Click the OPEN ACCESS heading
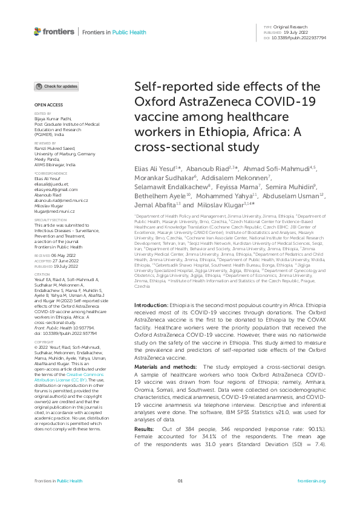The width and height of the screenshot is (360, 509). click(x=45, y=106)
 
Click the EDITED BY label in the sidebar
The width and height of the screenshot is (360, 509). click(x=41, y=114)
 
